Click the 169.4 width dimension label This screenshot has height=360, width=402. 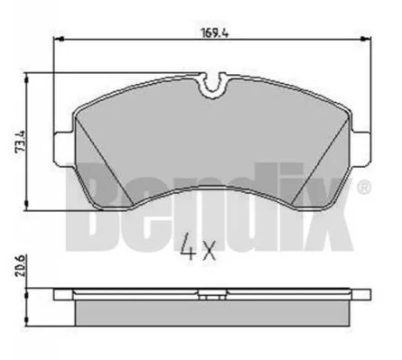(x=215, y=32)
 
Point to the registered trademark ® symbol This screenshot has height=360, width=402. (x=364, y=187)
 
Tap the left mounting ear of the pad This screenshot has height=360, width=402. (x=63, y=149)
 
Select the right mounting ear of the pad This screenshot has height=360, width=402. (x=360, y=149)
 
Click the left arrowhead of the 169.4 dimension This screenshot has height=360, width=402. (x=59, y=39)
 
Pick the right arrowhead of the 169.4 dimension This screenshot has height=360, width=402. (x=366, y=39)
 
